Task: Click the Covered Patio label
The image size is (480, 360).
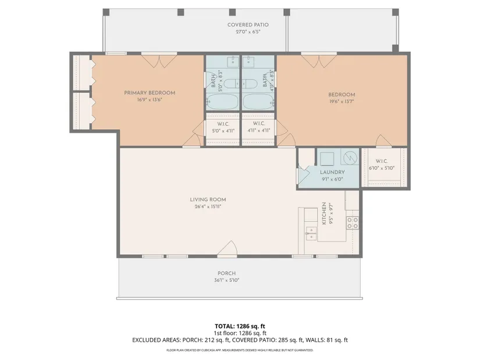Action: pyautogui.click(x=248, y=25)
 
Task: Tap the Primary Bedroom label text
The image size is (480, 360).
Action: pyautogui.click(x=150, y=92)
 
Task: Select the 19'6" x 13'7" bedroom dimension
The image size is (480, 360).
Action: pyautogui.click(x=342, y=101)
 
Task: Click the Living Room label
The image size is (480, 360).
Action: pyautogui.click(x=208, y=199)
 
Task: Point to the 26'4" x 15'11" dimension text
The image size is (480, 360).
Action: pyautogui.click(x=208, y=206)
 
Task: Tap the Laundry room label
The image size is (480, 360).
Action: pyautogui.click(x=332, y=172)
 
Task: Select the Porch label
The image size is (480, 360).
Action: pyautogui.click(x=226, y=273)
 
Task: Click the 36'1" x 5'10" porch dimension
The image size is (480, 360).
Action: pyautogui.click(x=226, y=280)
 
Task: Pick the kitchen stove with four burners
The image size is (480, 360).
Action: pyautogui.click(x=353, y=223)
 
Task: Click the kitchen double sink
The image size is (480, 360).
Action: pyautogui.click(x=311, y=233)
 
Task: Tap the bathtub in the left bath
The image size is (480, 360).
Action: pyautogui.click(x=222, y=101)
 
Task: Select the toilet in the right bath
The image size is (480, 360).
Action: pyautogui.click(x=251, y=84)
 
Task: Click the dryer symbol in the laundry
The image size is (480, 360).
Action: pyautogui.click(x=350, y=158)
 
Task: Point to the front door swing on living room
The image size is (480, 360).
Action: pyautogui.click(x=227, y=247)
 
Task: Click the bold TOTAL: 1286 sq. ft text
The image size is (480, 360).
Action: pyautogui.click(x=240, y=326)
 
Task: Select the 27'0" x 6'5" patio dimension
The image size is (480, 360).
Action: pyautogui.click(x=248, y=31)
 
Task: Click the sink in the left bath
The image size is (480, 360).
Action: pyautogui.click(x=233, y=61)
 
